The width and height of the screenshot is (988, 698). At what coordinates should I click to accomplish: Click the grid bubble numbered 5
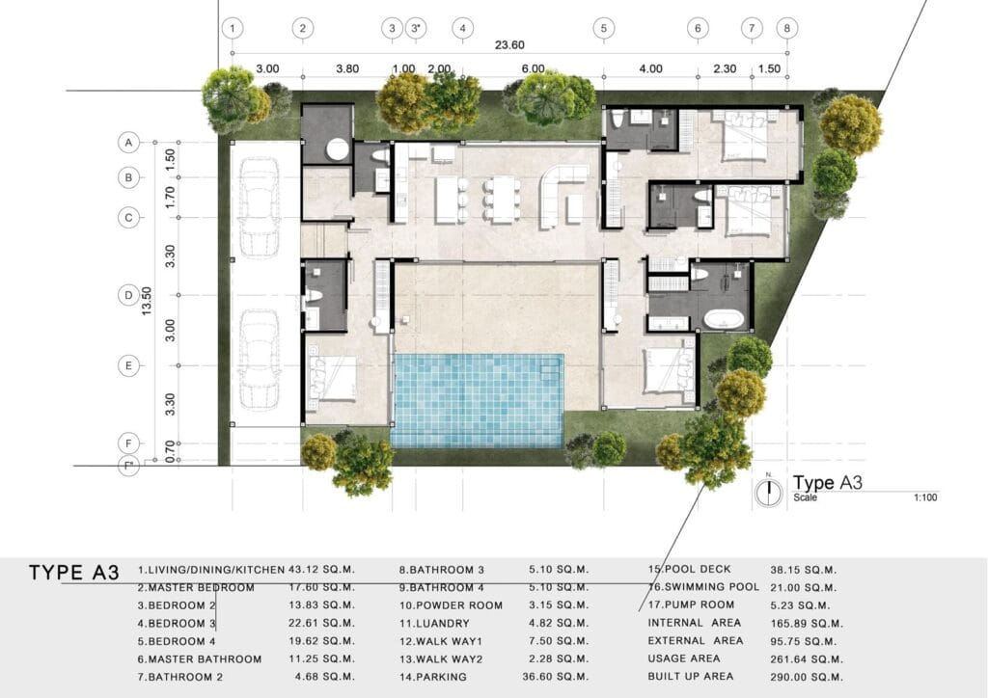coord(604,28)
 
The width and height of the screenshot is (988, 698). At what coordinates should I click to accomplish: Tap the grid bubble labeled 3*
coord(416,28)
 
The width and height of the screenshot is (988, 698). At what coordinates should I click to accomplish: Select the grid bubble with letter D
coord(128,295)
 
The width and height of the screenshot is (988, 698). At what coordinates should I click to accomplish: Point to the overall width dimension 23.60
coord(509,44)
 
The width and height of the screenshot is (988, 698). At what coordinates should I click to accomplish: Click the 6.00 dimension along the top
coord(533,68)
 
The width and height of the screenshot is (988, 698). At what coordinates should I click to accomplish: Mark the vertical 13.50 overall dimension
coord(147,301)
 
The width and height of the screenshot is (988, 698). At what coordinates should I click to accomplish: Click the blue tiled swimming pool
coord(478,400)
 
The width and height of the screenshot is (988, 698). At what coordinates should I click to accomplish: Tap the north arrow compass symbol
coord(769,492)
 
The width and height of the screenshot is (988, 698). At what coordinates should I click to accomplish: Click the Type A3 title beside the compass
coord(827,483)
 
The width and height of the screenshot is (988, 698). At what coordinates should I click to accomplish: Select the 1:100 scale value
coord(925,497)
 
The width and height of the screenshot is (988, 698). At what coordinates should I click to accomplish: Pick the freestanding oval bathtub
coord(725,319)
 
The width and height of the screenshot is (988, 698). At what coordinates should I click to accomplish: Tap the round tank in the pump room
coord(337,149)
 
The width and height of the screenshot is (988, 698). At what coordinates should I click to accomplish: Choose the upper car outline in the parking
coord(258,205)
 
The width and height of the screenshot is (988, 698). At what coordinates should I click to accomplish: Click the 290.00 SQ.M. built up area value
coord(806,677)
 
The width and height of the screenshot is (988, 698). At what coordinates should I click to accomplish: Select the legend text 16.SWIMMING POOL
coord(703,586)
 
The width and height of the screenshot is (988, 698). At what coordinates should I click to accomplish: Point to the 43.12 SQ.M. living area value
coord(321,569)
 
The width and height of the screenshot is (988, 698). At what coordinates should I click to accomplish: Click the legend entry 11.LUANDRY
coord(434,623)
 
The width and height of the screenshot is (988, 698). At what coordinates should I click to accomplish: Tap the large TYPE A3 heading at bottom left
coord(73,572)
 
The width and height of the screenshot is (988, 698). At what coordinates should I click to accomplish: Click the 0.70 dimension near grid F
coord(170,452)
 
